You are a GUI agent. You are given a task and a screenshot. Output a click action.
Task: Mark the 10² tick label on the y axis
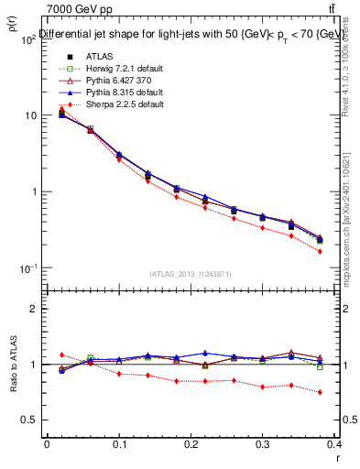pyautogui.click(x=28, y=39)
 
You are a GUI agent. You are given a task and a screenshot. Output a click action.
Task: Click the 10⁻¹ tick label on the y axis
pyautogui.click(x=28, y=268)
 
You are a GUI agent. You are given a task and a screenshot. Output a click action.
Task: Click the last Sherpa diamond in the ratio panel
pyautogui.click(x=320, y=392)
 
